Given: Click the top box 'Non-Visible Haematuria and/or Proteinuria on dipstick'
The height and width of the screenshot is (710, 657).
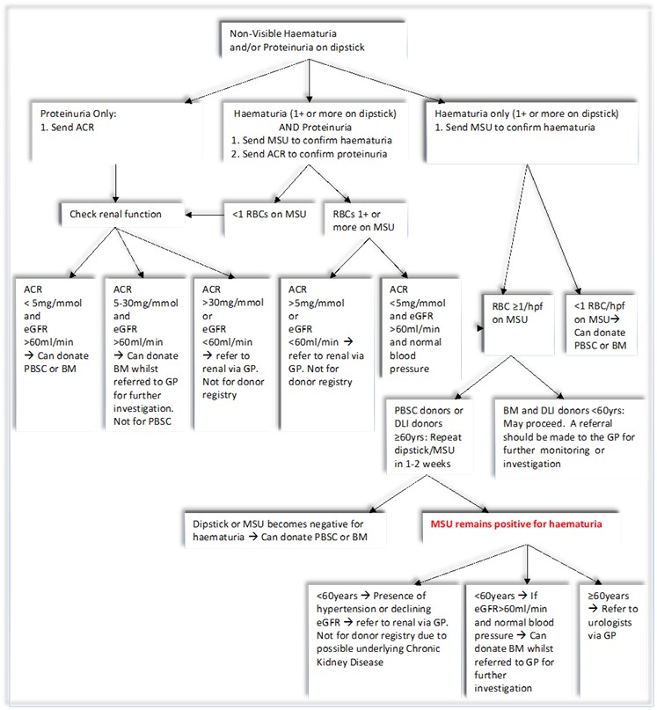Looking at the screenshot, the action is [313, 40].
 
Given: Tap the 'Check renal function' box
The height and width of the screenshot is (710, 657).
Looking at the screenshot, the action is [122, 215].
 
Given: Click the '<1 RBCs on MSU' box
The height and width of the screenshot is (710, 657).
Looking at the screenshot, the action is [269, 220].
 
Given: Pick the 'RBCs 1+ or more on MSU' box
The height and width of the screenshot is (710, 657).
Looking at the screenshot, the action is [366, 220].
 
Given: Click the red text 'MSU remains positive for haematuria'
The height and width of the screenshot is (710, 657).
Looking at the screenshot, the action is [516, 524].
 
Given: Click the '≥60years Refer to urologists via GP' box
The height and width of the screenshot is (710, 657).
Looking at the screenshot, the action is [613, 640].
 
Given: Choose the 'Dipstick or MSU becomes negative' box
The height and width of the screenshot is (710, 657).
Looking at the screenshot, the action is [285, 530].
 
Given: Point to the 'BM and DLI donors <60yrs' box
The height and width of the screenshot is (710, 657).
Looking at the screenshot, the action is [570, 437].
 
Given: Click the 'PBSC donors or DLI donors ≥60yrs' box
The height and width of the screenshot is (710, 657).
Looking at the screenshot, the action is [429, 436].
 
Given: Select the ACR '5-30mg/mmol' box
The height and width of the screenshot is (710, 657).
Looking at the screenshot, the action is [145, 354].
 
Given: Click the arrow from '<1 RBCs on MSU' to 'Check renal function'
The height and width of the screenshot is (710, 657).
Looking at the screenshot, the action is [205, 215].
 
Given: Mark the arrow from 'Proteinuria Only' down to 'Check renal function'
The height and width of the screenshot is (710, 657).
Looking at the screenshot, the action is [116, 183].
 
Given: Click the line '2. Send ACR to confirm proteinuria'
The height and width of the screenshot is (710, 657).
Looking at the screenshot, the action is [310, 154].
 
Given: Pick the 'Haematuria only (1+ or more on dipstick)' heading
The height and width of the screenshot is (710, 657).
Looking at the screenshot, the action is [527, 113].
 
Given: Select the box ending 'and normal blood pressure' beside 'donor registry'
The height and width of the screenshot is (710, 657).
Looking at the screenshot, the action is [420, 328].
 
